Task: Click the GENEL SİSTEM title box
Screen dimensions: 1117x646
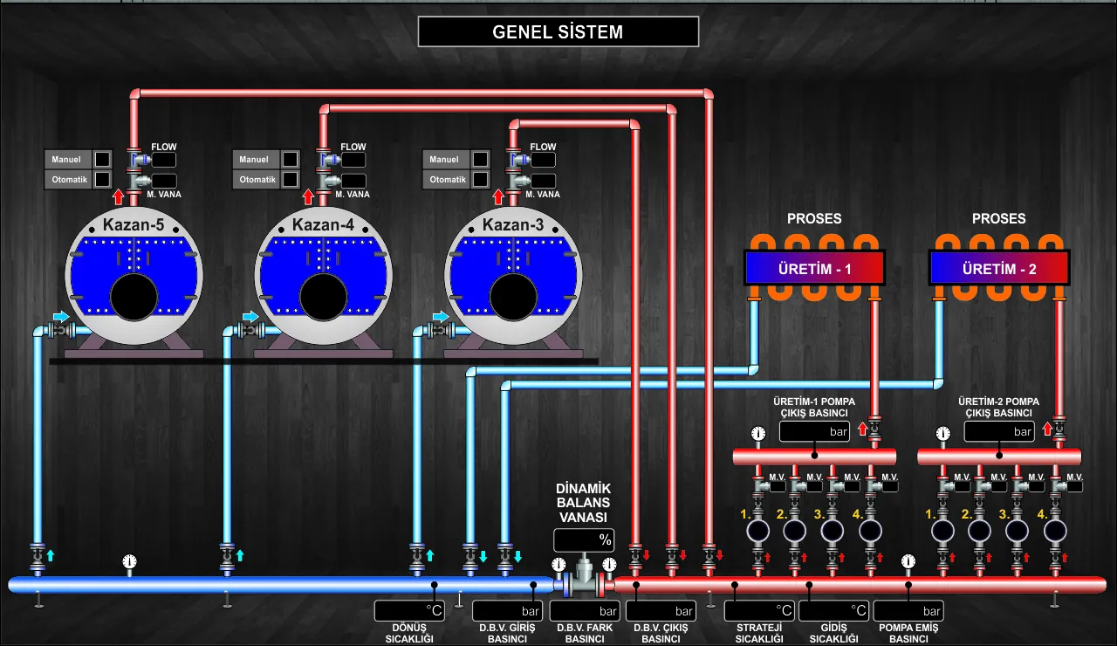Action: tap(558, 31)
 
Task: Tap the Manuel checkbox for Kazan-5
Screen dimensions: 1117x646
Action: tap(102, 159)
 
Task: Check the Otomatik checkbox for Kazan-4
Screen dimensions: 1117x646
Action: tap(291, 179)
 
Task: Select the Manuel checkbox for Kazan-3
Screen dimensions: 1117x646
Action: tap(480, 159)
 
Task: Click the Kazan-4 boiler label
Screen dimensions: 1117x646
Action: tap(323, 224)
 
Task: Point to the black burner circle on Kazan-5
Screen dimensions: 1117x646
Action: tap(134, 297)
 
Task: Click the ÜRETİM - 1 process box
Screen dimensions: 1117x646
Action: tap(814, 268)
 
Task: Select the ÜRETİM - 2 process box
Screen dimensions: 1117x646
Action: tap(999, 268)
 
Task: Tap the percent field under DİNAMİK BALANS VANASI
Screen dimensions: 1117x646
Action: tap(584, 539)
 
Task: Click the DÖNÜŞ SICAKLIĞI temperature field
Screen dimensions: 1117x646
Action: tap(409, 610)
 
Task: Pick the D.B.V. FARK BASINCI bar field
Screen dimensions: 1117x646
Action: tap(585, 610)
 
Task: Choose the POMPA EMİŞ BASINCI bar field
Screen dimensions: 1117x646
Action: tap(908, 610)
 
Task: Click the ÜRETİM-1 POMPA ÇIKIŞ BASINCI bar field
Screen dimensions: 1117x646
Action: tap(814, 431)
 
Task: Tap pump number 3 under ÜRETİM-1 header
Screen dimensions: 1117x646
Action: tap(833, 531)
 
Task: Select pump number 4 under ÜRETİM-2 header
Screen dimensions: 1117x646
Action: tap(1055, 531)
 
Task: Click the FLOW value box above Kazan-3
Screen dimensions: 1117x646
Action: tap(543, 160)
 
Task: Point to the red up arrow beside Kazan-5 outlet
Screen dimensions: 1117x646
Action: tap(118, 196)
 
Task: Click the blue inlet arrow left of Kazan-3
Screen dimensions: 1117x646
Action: tap(441, 316)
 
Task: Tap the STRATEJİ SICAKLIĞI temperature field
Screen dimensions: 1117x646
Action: tap(759, 610)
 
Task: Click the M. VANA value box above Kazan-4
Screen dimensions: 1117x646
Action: tap(353, 181)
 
